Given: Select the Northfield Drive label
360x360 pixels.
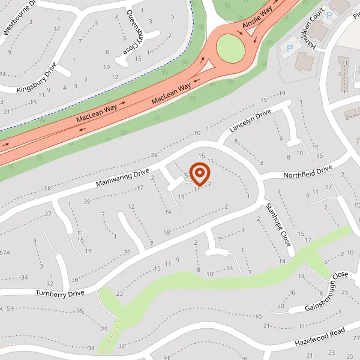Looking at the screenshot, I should [x=307, y=173].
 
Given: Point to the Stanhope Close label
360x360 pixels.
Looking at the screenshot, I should [x=278, y=226].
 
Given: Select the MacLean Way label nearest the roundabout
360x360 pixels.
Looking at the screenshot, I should [x=171, y=93].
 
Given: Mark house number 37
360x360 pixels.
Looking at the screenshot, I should [x=47, y=214].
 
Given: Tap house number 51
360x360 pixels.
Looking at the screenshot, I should [x=10, y=308].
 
